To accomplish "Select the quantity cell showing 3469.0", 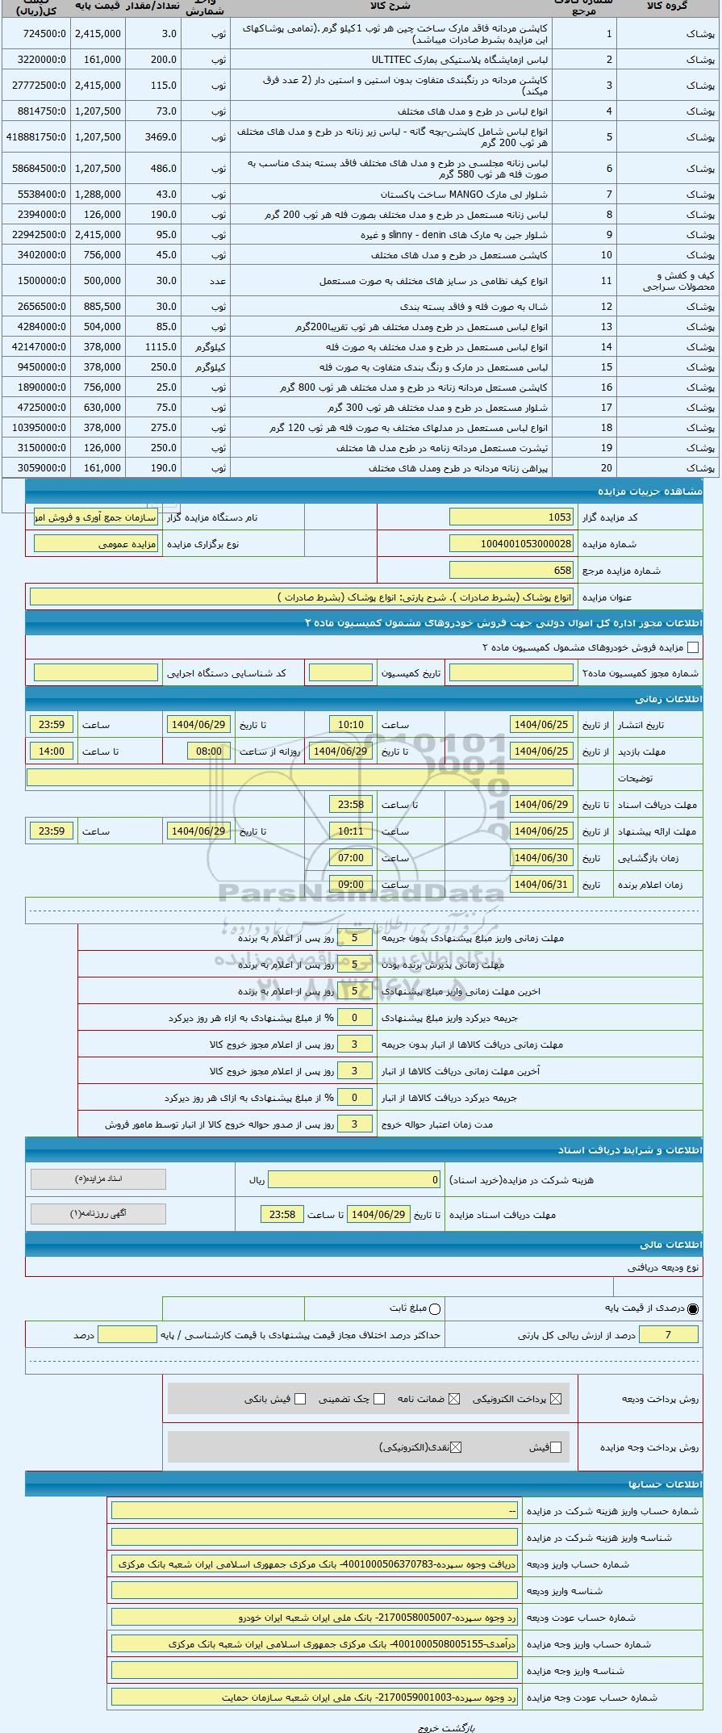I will [x=153, y=137].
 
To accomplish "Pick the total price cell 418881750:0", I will [x=35, y=137].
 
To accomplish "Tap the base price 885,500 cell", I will [x=98, y=307].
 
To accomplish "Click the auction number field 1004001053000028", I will [x=511, y=544].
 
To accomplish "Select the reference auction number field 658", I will [x=511, y=571].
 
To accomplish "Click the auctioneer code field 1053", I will [x=511, y=517].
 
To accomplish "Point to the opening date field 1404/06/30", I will [x=541, y=858].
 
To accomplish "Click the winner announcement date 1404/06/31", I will [x=541, y=885].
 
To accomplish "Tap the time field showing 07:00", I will [x=350, y=858].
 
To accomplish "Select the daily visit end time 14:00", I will [x=52, y=751].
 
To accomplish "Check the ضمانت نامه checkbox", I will [x=454, y=1399].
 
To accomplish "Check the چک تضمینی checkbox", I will [x=379, y=1399].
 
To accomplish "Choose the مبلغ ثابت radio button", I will [x=436, y=1308].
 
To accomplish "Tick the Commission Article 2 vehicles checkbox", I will [x=692, y=647].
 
